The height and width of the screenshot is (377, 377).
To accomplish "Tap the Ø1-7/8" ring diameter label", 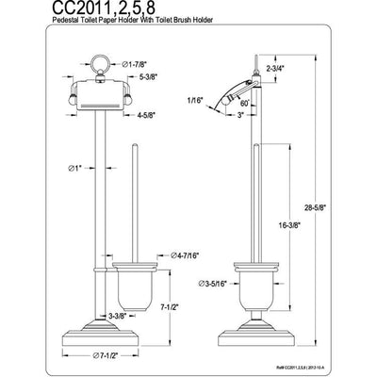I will tap(158, 64).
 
